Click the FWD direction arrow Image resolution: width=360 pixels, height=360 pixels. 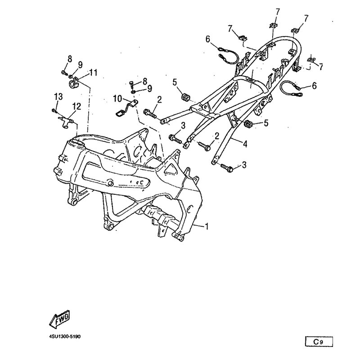(59, 319)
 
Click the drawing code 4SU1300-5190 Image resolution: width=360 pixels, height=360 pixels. (65, 337)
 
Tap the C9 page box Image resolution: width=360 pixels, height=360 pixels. (319, 342)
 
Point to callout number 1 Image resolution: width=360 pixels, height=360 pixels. (207, 226)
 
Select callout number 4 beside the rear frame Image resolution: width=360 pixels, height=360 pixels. (245, 144)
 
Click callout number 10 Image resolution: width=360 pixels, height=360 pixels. (117, 99)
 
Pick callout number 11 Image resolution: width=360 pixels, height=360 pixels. (93, 72)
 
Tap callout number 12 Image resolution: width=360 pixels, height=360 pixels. (76, 107)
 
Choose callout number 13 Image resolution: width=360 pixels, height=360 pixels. (58, 97)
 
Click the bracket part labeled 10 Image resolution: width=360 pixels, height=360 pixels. (126, 108)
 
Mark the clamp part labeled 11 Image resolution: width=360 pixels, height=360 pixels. (73, 82)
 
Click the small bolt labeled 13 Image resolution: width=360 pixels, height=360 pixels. (54, 111)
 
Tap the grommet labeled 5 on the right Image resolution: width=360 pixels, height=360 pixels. (248, 123)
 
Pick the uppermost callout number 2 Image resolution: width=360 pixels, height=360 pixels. (159, 99)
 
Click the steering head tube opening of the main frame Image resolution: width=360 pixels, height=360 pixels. (77, 142)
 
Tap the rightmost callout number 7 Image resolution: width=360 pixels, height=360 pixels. (321, 67)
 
